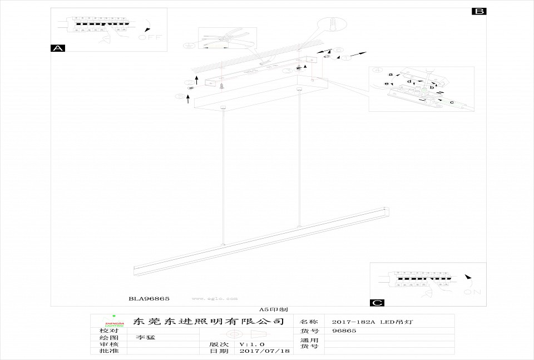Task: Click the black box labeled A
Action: pyautogui.click(x=58, y=48)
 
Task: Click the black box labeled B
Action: pyautogui.click(x=479, y=11)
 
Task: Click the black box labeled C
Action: pyautogui.click(x=377, y=303)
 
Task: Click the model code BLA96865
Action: pyautogui.click(x=149, y=299)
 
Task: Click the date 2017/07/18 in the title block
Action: pyautogui.click(x=264, y=351)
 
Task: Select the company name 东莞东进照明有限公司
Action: pyautogui.click(x=209, y=322)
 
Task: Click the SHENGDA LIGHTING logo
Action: pyautogui.click(x=114, y=322)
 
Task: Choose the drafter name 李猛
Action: pyautogui.click(x=147, y=337)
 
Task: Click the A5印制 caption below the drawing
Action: pyautogui.click(x=273, y=309)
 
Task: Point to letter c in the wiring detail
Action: pyautogui.click(x=452, y=102)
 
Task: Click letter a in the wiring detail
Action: pyautogui.click(x=390, y=74)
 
